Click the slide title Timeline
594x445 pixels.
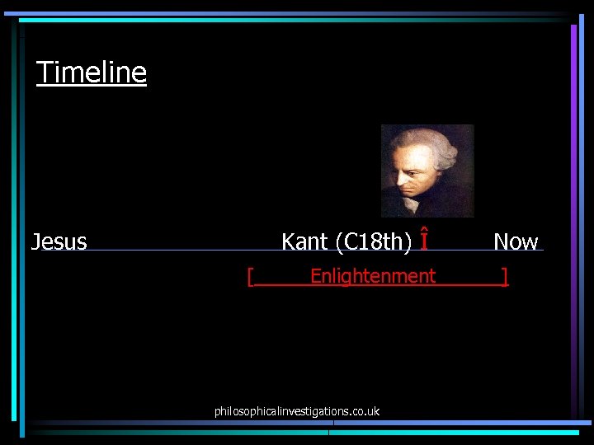click(92, 73)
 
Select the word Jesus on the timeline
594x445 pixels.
click(59, 241)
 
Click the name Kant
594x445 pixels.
click(304, 241)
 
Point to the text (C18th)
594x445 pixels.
click(374, 241)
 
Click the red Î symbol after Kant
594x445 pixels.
click(424, 241)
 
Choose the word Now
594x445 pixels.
click(516, 241)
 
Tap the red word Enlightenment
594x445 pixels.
click(373, 276)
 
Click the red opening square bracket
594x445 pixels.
click(250, 277)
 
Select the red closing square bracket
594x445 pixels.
click(505, 277)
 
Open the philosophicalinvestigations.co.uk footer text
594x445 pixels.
click(297, 410)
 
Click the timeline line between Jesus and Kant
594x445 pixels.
click(181, 250)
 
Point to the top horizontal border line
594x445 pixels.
click(289, 14)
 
